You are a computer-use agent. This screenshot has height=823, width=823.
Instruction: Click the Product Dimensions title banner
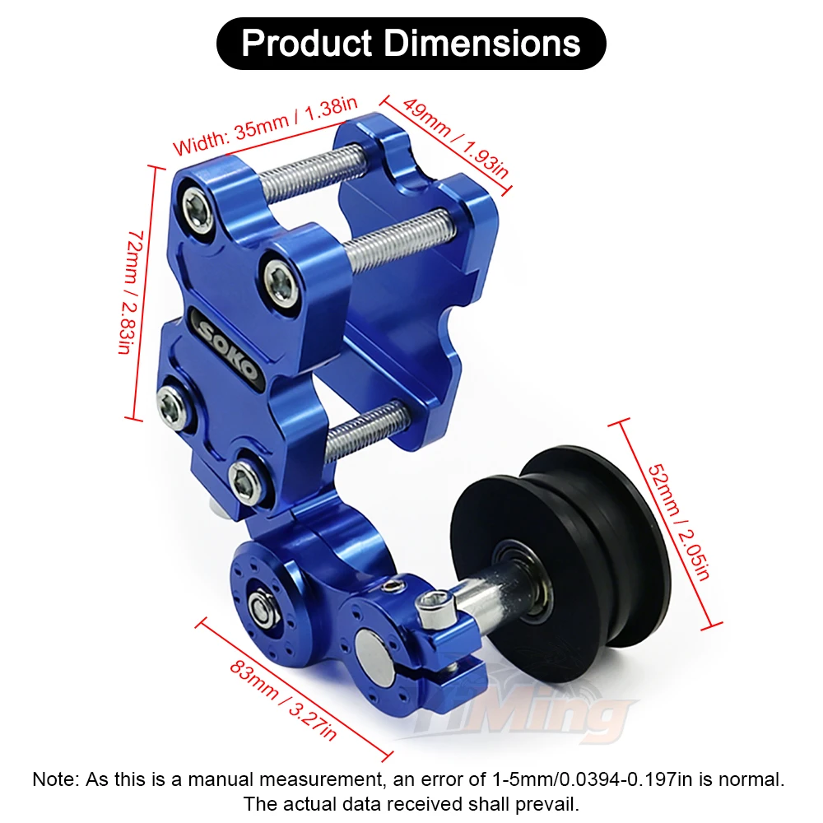click(x=411, y=44)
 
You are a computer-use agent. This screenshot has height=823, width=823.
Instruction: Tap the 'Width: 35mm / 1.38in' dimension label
click(x=265, y=126)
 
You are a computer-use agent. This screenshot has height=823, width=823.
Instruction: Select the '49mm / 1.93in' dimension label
click(x=455, y=138)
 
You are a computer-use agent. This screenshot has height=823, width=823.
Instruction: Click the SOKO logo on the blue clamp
click(x=228, y=348)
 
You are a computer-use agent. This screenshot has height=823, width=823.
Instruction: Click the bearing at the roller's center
click(x=527, y=579)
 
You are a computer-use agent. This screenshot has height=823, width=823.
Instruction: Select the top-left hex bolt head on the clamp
click(x=198, y=208)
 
